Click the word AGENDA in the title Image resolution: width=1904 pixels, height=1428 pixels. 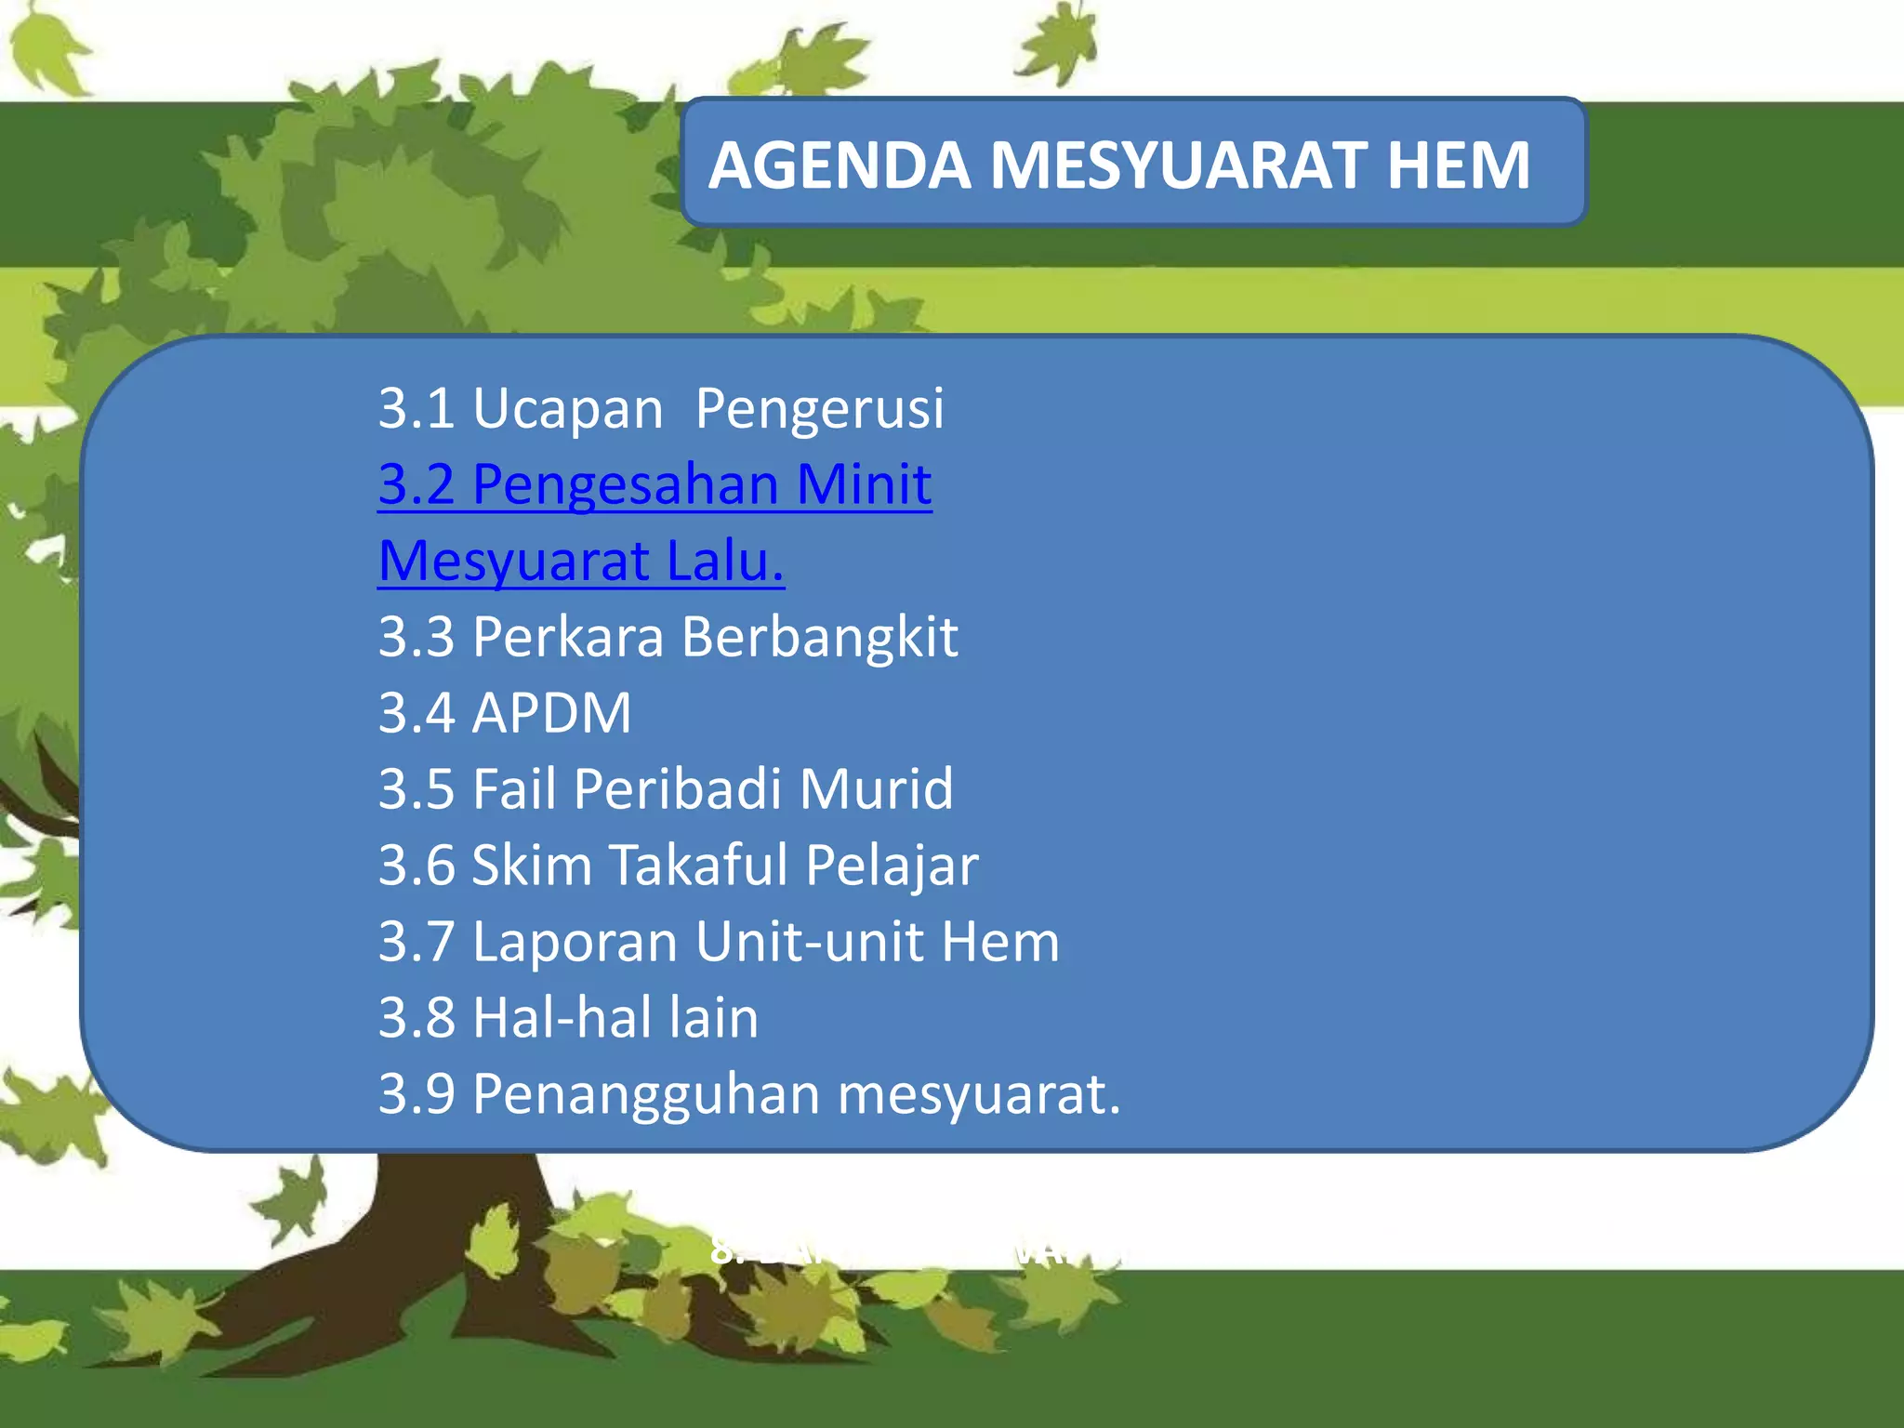pos(840,165)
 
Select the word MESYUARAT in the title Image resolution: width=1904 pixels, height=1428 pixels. pos(1179,165)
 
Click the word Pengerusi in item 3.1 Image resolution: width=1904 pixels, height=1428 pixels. pos(819,409)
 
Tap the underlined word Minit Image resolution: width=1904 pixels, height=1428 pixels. pos(864,484)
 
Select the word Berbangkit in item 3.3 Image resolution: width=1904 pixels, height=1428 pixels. pos(819,638)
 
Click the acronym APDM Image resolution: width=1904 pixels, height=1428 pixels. pos(551,713)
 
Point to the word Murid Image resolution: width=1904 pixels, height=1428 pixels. pos(876,789)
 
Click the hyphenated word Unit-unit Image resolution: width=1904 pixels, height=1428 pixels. pos(809,942)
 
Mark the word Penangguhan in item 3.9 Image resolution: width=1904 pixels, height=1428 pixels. pos(646,1094)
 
